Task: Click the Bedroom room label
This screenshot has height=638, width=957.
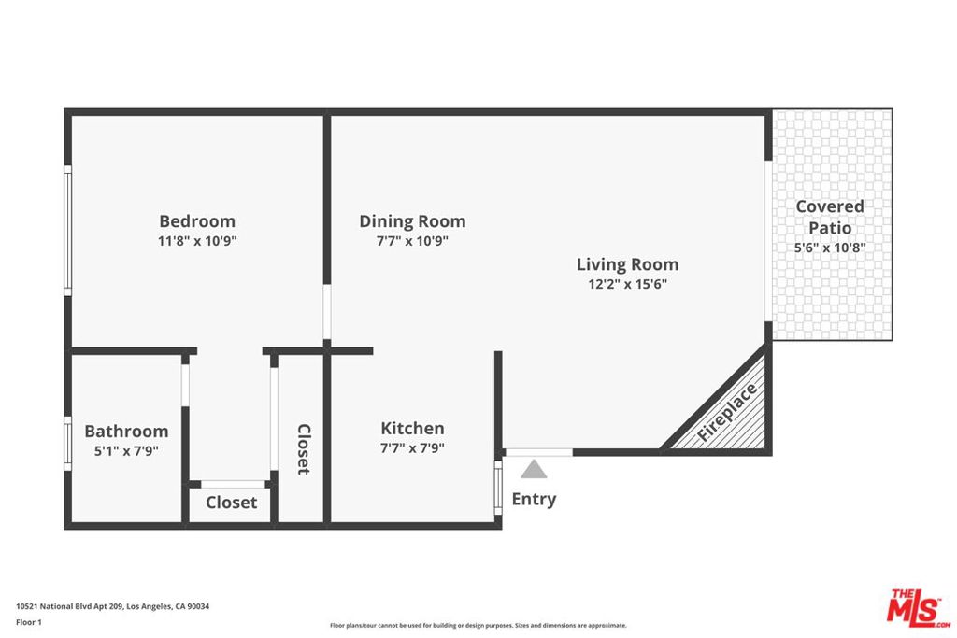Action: click(197, 220)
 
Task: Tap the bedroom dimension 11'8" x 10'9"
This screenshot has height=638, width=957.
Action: click(197, 241)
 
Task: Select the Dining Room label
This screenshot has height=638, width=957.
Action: click(412, 220)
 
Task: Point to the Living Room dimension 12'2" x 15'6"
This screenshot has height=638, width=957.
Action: click(627, 284)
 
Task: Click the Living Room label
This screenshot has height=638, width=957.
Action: click(627, 264)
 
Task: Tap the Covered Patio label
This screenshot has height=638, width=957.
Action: click(830, 217)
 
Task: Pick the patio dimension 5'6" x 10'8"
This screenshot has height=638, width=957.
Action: click(830, 248)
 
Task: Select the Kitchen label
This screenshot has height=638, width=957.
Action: click(412, 428)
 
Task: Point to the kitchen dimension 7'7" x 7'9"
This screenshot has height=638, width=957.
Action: click(412, 448)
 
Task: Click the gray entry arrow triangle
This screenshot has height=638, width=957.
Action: click(534, 469)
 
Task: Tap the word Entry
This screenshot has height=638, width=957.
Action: click(534, 499)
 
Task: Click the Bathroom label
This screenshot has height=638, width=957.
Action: click(126, 432)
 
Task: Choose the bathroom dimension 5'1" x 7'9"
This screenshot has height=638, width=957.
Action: click(126, 451)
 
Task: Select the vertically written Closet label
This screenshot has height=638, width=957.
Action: click(304, 449)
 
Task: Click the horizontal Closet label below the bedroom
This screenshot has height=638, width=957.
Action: click(232, 503)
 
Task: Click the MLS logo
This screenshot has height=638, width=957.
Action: click(918, 607)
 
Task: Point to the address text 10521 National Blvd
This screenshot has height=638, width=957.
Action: click(69, 606)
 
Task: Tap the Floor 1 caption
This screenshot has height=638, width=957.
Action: click(29, 622)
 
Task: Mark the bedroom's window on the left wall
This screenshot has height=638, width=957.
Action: click(67, 231)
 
